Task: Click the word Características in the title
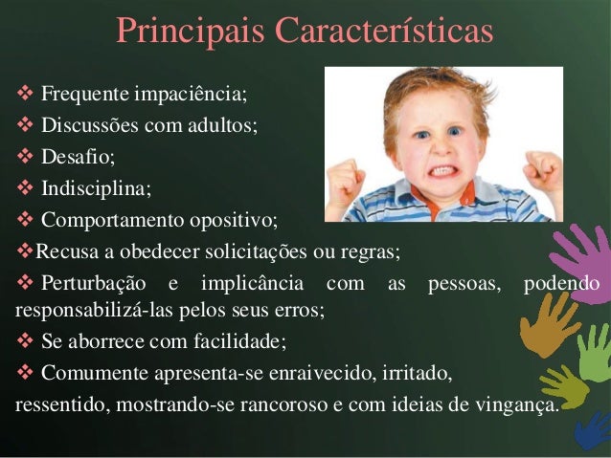click(x=384, y=30)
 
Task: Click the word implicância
click(x=256, y=284)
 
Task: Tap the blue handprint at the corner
click(x=594, y=430)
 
